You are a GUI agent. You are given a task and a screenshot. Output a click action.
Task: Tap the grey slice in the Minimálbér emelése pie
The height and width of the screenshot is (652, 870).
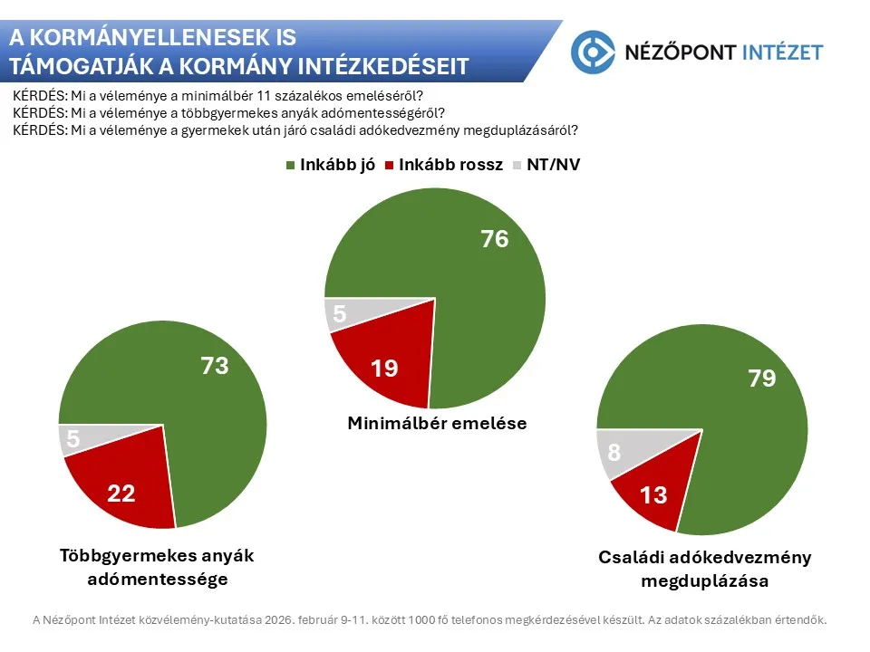[341, 313]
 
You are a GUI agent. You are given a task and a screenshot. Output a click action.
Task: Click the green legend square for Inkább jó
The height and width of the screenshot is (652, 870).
[291, 166]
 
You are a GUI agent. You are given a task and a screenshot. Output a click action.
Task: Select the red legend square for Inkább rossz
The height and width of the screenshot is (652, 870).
[391, 166]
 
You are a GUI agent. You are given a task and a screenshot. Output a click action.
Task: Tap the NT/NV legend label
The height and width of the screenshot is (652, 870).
[554, 166]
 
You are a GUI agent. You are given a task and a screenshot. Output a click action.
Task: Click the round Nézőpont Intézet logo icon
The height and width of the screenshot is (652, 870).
[593, 52]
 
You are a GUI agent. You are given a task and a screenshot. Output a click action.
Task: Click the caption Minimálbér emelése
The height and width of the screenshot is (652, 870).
[437, 423]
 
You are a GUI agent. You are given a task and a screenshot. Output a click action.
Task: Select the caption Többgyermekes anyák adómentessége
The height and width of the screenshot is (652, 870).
[156, 567]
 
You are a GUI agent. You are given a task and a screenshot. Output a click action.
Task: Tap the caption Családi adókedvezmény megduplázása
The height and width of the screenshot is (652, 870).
[704, 569]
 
